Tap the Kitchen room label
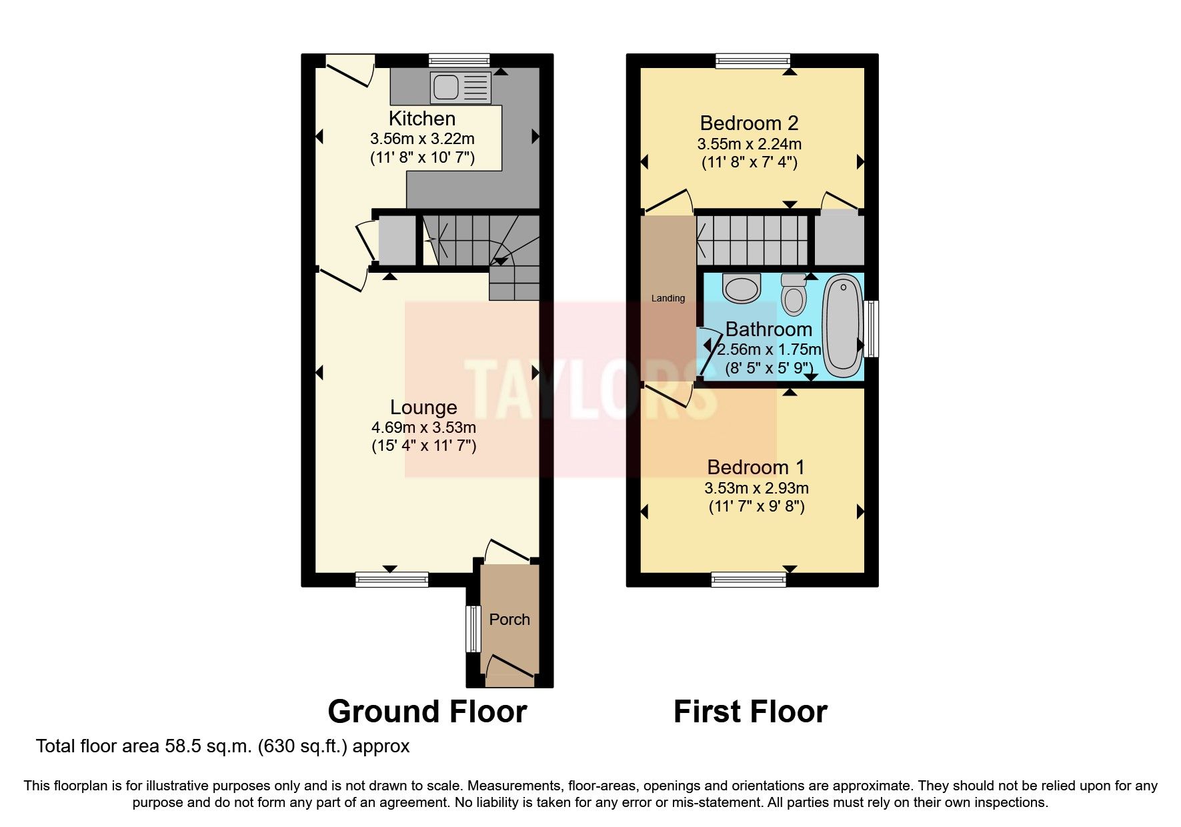(422, 119)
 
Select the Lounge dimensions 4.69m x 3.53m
(423, 427)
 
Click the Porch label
(509, 620)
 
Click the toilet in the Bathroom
(793, 294)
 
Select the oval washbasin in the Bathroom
(742, 288)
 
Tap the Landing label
(668, 298)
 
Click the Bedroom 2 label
(749, 123)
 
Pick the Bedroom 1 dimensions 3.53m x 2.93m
(756, 488)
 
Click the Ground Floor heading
(427, 712)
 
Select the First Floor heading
(750, 712)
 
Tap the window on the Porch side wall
(473, 629)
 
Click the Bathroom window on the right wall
(871, 329)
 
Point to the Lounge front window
(391, 579)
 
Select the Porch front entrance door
(510, 670)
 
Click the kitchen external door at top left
(349, 71)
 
